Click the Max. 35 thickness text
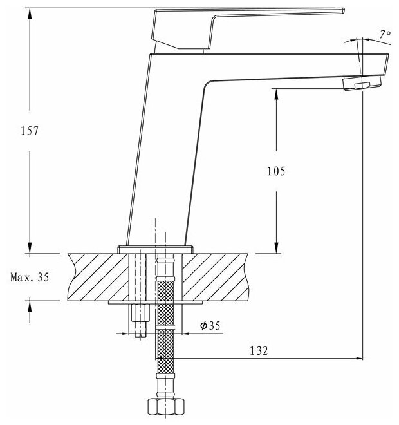30,278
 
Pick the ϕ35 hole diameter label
210,326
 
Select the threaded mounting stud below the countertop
140,320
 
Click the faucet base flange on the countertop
155,247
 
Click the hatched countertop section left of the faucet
97,277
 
